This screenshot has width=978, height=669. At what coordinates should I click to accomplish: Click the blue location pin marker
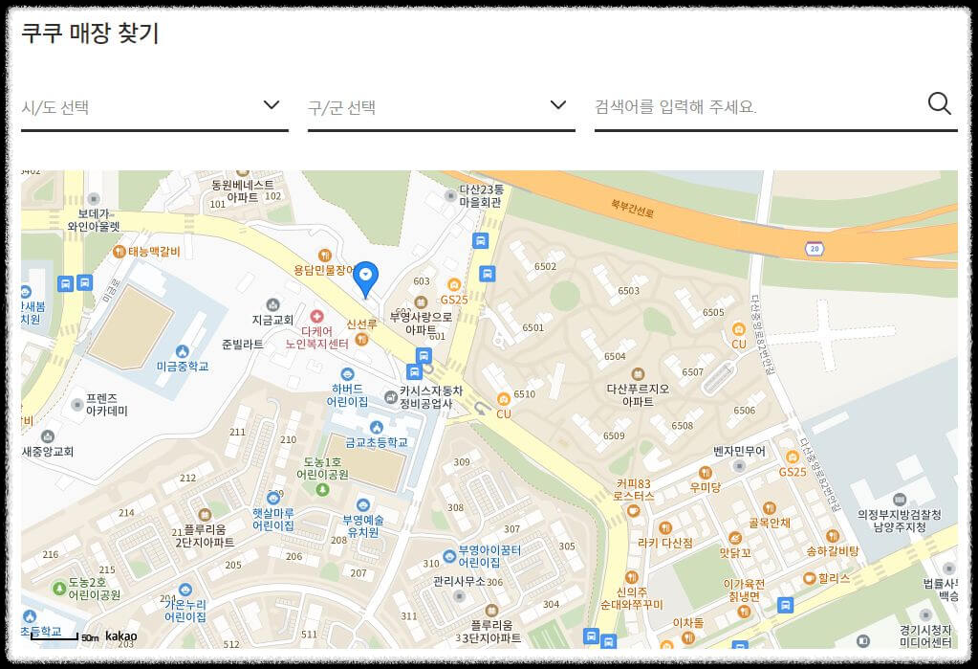[x=367, y=278]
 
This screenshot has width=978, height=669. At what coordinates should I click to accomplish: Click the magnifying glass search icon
[x=940, y=104]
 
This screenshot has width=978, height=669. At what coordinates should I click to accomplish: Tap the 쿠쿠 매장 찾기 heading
[x=90, y=33]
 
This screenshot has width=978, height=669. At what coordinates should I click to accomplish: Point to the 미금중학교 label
[x=182, y=367]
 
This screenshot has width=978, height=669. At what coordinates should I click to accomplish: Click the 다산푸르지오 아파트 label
[x=638, y=395]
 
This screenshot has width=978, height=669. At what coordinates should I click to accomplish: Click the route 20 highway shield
[x=815, y=248]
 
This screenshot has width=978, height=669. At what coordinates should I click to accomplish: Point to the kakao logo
[x=121, y=636]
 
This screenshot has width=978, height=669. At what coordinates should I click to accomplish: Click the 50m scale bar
[x=55, y=636]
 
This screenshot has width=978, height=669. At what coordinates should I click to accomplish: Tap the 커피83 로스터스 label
[x=635, y=490]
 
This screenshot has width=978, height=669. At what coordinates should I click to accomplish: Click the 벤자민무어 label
[x=739, y=451]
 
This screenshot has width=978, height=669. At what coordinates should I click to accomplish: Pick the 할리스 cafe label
[x=833, y=578]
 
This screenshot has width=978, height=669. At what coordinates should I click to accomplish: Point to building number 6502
[x=545, y=266]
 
